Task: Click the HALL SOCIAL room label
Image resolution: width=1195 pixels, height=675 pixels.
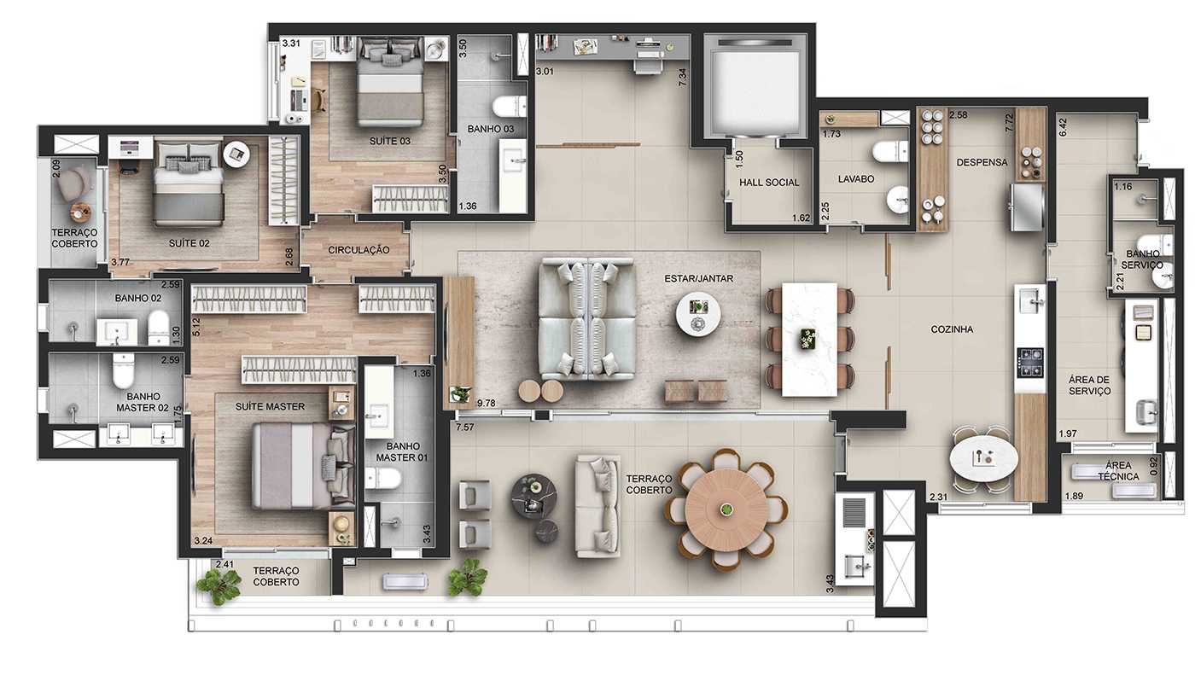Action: pyautogui.click(x=769, y=183)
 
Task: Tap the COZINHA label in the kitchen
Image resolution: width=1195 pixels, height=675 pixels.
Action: pyautogui.click(x=952, y=329)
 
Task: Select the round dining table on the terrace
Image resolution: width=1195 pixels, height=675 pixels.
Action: pyautogui.click(x=726, y=509)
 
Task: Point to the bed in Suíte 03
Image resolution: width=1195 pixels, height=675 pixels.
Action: pyautogui.click(x=390, y=85)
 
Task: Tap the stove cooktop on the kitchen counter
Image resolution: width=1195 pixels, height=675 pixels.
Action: pyautogui.click(x=1030, y=362)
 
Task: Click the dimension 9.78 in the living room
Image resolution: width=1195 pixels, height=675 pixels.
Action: pyautogui.click(x=487, y=403)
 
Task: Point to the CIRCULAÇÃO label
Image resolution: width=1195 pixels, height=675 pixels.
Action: pyautogui.click(x=358, y=250)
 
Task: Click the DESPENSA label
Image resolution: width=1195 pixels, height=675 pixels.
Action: pyautogui.click(x=982, y=162)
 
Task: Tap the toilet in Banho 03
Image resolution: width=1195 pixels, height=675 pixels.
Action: pyautogui.click(x=514, y=107)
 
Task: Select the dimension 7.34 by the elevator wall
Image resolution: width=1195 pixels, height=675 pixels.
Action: pyautogui.click(x=682, y=77)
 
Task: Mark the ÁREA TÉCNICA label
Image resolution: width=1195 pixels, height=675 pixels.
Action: pyautogui.click(x=1115, y=471)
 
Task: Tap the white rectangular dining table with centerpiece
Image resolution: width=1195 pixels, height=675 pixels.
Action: pyautogui.click(x=809, y=339)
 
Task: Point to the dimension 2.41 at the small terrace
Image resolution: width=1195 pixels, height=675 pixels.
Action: pyautogui.click(x=224, y=564)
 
